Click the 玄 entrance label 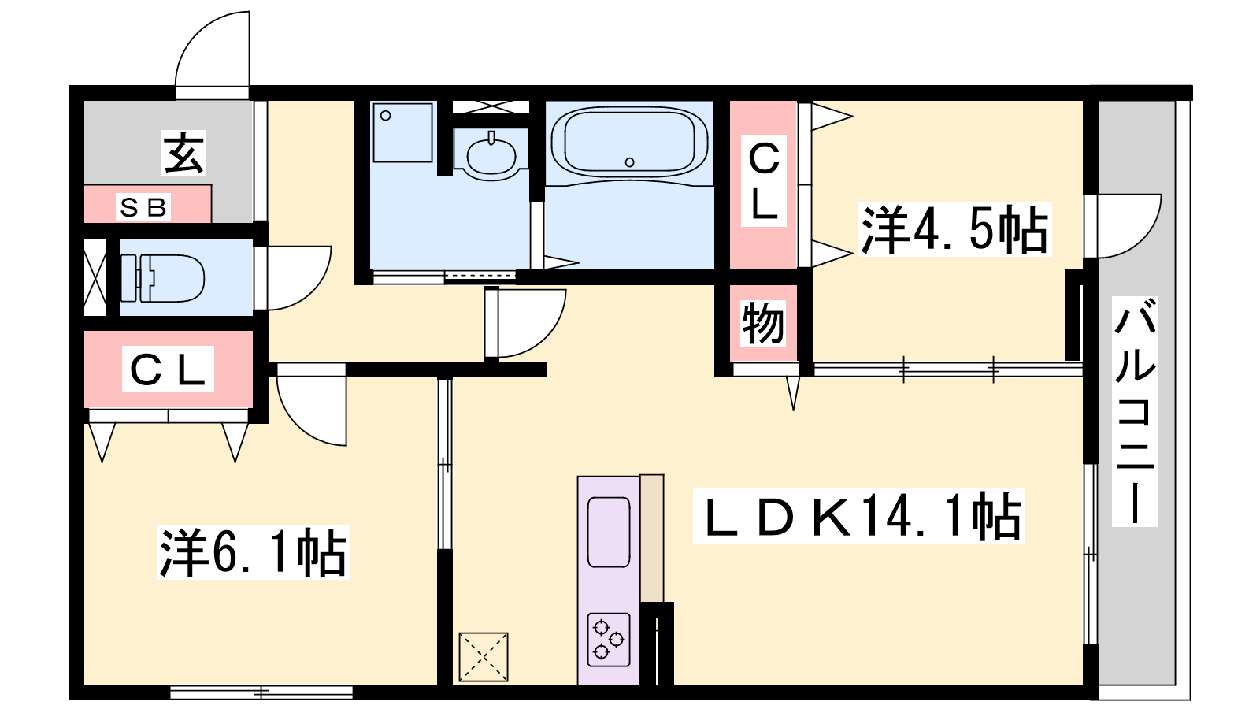coord(183,153)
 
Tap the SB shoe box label coord(143,208)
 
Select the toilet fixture coord(163,278)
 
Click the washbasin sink coord(491,155)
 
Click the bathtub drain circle coord(630,162)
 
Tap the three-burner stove coord(609,640)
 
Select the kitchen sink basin coord(609,533)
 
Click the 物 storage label coord(763,323)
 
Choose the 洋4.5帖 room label coord(954,229)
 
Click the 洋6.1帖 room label coord(253,552)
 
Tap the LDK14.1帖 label coord(859,516)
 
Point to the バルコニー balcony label coord(1135,412)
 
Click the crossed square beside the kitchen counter coord(484,657)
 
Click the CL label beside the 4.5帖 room coord(764,180)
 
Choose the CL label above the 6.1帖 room coord(168,369)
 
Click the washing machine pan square coord(402,133)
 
